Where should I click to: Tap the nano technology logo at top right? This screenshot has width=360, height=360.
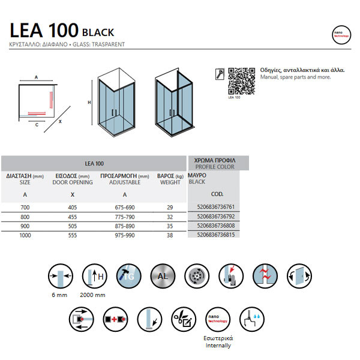point(340,34)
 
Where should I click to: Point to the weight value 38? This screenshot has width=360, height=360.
point(169,236)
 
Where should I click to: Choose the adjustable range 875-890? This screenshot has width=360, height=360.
point(124,226)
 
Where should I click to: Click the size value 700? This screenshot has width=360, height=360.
point(25,207)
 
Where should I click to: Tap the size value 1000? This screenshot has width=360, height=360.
point(25,236)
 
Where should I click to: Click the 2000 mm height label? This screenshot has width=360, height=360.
point(94,296)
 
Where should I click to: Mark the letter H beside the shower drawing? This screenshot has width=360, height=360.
point(89,103)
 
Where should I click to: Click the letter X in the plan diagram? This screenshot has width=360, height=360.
point(60,121)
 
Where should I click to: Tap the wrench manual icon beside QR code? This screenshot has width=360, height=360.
point(219,74)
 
